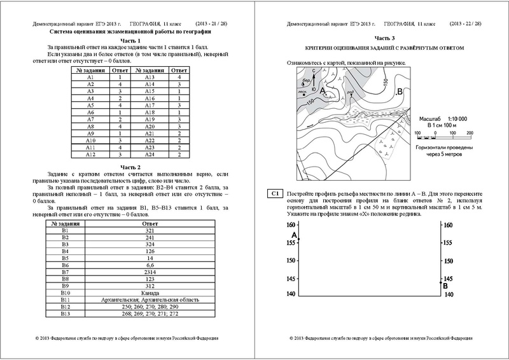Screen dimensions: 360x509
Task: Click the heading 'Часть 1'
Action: (130, 40)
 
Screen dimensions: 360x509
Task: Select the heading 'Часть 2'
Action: (130, 166)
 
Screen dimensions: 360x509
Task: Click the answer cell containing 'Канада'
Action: (150, 292)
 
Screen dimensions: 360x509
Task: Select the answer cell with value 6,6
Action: (150, 264)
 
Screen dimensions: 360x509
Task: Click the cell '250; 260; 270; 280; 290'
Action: (150, 306)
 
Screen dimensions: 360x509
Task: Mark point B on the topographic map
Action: (399, 93)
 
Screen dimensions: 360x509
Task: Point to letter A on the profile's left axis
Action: (294, 235)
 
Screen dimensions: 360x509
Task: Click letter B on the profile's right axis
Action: (445, 286)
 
